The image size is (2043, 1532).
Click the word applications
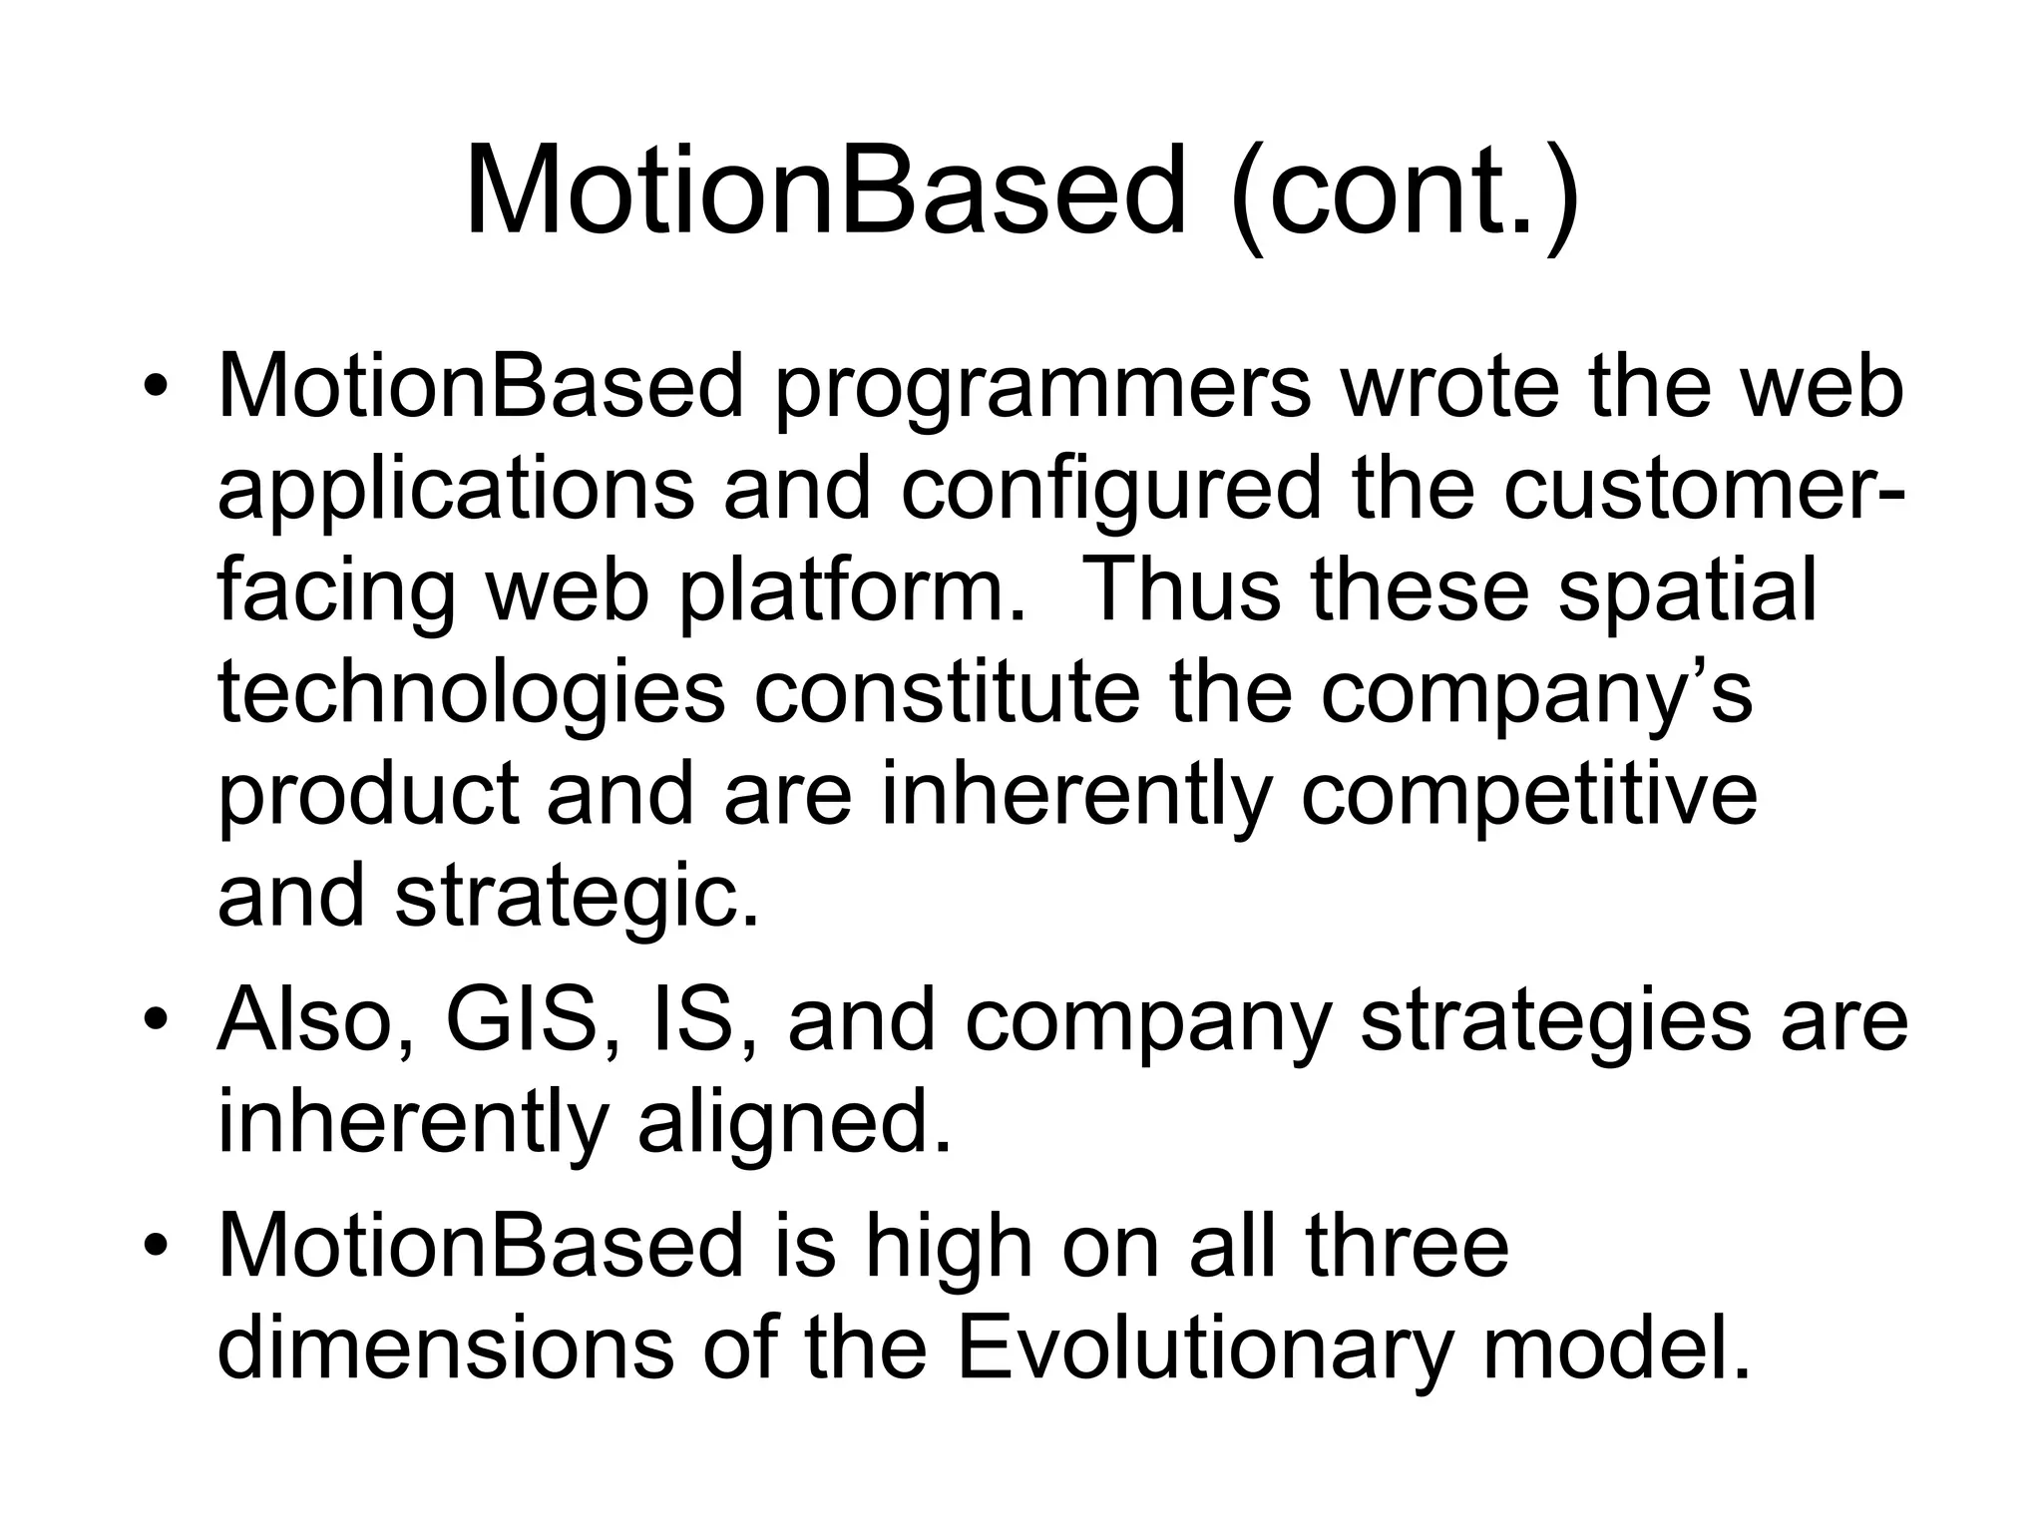(455, 491)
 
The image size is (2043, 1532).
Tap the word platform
(852, 592)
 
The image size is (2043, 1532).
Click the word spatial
(1686, 592)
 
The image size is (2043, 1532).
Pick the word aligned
(794, 1125)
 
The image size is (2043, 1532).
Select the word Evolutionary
(1203, 1350)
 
